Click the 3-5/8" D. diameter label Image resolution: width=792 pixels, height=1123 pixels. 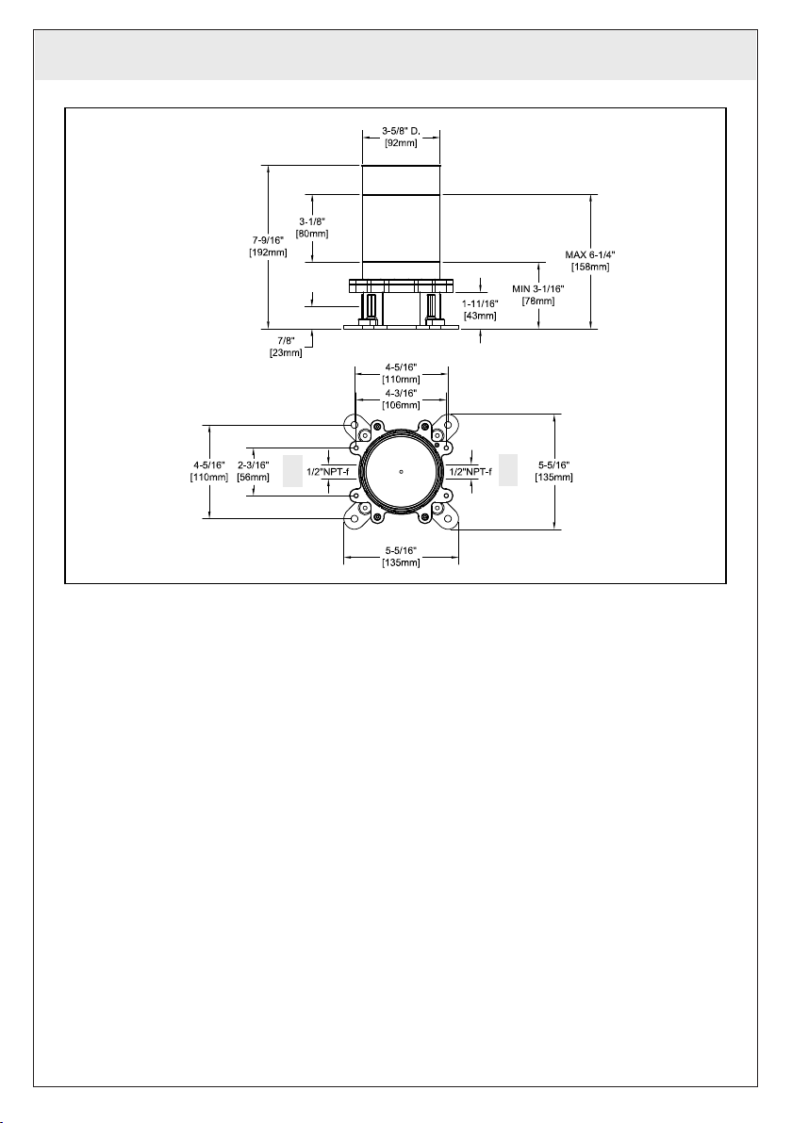point(401,131)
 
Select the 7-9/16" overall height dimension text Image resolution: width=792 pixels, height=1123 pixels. point(269,240)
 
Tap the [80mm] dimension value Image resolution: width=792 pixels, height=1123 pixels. point(312,234)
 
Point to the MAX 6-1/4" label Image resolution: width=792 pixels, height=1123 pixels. point(590,254)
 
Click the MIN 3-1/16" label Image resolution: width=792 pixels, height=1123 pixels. point(538,288)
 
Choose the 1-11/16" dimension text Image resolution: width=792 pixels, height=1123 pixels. point(480,303)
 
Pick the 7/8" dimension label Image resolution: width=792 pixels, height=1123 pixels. point(286,341)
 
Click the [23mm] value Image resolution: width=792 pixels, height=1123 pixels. point(286,353)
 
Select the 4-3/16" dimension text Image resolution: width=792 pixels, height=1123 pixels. point(401,393)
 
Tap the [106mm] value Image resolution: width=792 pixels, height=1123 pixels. point(401,405)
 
